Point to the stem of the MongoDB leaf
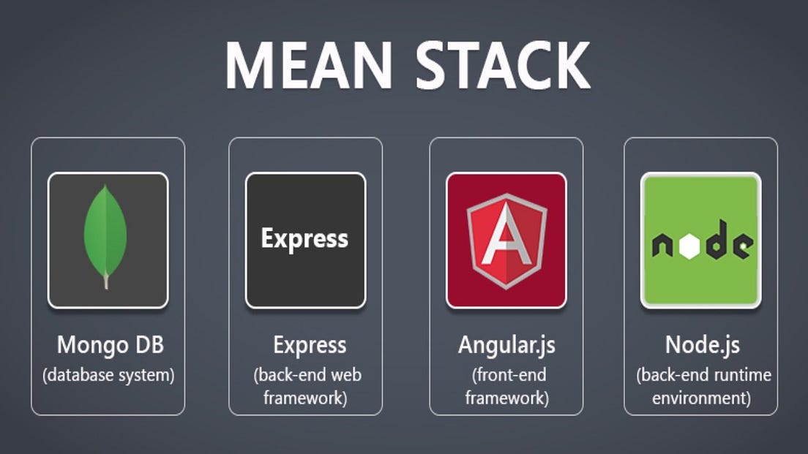[x=106, y=281]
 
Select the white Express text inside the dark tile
[x=304, y=239]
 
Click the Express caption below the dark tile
[x=310, y=345]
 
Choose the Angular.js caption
[x=506, y=345]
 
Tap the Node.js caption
[x=701, y=344]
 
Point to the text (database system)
[x=108, y=376]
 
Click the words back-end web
[x=308, y=376]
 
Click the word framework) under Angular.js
[x=506, y=398]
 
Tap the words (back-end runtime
[x=701, y=376]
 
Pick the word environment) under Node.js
[x=701, y=398]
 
